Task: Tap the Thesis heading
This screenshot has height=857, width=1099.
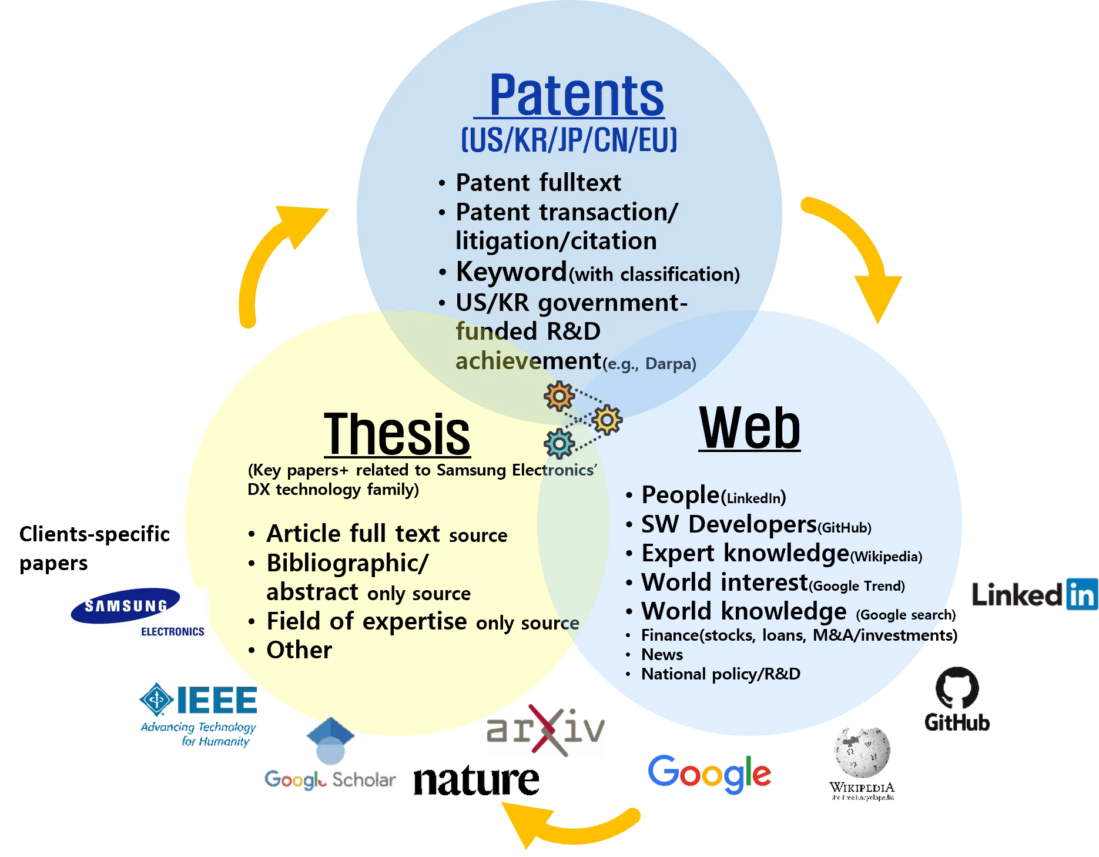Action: (397, 434)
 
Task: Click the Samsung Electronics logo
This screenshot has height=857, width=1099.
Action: (138, 614)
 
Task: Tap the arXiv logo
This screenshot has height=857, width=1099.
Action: (544, 729)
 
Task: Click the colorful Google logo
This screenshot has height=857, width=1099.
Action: (709, 772)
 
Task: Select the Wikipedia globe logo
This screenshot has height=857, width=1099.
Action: (862, 752)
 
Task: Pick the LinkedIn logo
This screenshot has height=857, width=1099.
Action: (1033, 594)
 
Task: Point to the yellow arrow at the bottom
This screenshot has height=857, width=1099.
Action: (564, 823)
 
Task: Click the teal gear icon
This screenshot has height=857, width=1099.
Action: (559, 443)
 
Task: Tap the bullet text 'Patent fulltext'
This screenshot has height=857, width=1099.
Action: (538, 183)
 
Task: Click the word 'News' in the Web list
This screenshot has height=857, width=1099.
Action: (662, 655)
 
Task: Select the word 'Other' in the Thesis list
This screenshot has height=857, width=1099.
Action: (299, 650)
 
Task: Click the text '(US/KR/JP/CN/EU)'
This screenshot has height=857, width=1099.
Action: (569, 140)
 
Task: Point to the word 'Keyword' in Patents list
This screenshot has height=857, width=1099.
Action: (511, 272)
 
